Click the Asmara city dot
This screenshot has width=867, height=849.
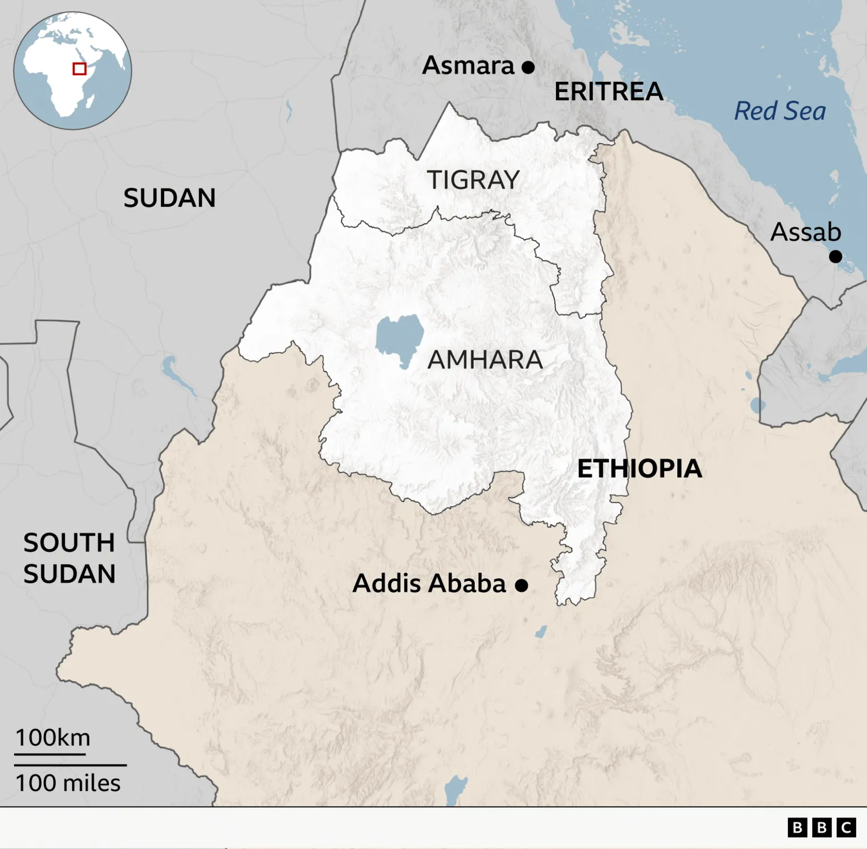[x=528, y=68]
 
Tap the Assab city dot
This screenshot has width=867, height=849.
[x=835, y=257]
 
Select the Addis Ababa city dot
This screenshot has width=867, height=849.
[x=522, y=586]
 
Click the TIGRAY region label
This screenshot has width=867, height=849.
[x=473, y=181]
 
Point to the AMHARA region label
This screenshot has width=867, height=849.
[x=485, y=360]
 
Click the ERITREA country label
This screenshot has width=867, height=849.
[x=608, y=92]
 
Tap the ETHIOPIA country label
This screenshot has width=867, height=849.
[x=640, y=469]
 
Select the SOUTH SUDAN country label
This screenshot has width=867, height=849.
[x=69, y=558]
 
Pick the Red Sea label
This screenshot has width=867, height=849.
[x=780, y=111]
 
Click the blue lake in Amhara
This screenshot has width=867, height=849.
[x=400, y=338]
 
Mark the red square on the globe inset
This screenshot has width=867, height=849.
[x=80, y=69]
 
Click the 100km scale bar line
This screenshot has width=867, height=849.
[x=50, y=754]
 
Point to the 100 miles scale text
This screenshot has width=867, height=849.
[x=68, y=783]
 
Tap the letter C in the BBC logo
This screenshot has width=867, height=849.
[x=846, y=828]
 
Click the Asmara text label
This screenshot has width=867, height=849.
[x=468, y=66]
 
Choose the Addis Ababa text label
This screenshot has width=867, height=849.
[x=429, y=583]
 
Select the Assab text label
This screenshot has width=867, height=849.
[x=805, y=232]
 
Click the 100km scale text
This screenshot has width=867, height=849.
[x=52, y=738]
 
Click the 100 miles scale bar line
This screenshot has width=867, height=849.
[x=70, y=765]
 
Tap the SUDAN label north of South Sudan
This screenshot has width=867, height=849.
[x=169, y=198]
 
